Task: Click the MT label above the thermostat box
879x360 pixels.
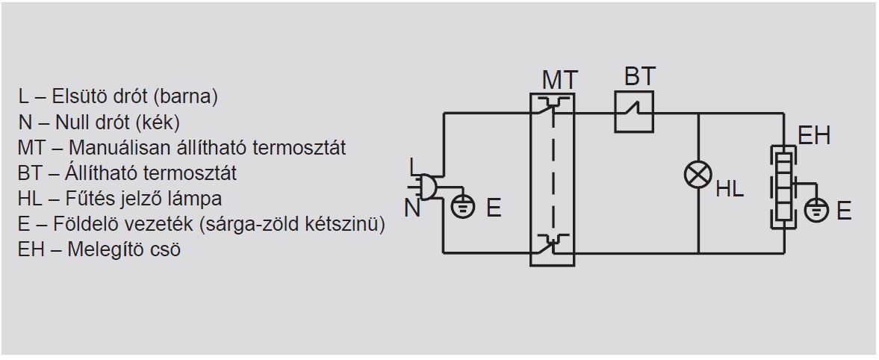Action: pyautogui.click(x=559, y=80)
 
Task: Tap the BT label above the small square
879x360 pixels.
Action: pyautogui.click(x=639, y=77)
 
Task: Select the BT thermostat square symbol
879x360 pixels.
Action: pyautogui.click(x=634, y=112)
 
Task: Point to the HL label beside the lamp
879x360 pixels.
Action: pyautogui.click(x=730, y=189)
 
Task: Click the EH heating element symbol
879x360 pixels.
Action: pyautogui.click(x=783, y=187)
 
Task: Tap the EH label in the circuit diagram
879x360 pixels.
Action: pyautogui.click(x=814, y=136)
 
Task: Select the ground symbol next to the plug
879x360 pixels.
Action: pyautogui.click(x=463, y=206)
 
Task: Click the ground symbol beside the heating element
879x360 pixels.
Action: pyautogui.click(x=816, y=209)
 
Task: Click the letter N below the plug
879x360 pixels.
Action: pyautogui.click(x=412, y=208)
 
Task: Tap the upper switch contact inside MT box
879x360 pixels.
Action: pyautogui.click(x=552, y=106)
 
